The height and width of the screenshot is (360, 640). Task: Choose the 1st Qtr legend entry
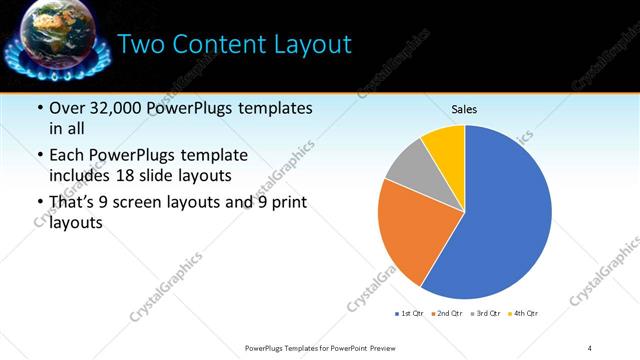[x=411, y=314]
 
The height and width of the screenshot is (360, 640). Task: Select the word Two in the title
[x=143, y=45]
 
